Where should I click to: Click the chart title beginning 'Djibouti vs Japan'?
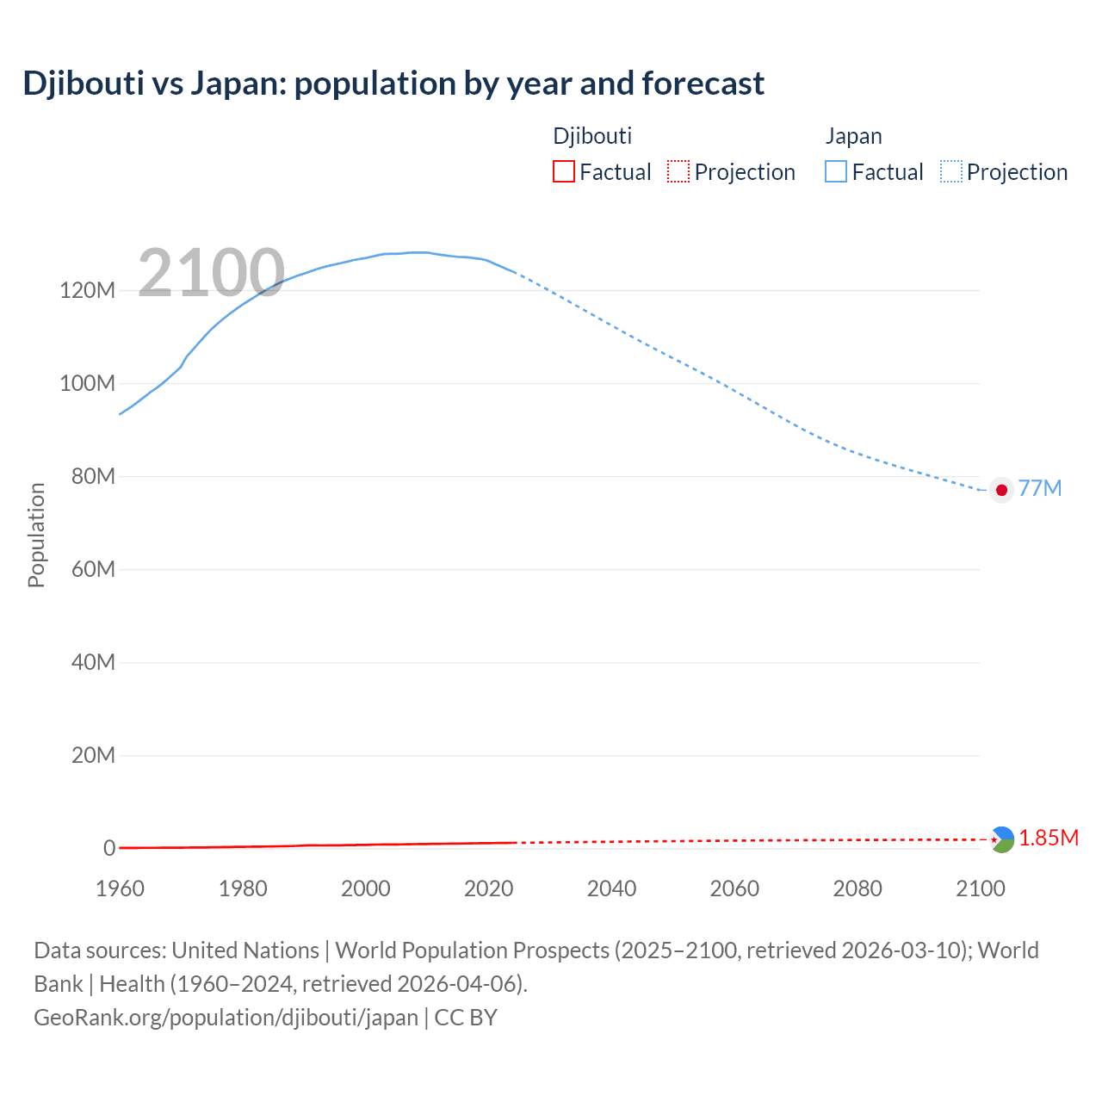coord(393,84)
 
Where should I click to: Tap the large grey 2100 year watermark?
coord(211,273)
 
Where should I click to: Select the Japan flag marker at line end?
coord(1000,490)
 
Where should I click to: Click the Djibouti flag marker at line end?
coord(1001,839)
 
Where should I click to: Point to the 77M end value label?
coord(1040,488)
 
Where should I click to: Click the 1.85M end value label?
coord(1049,838)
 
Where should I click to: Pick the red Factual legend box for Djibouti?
coord(563,172)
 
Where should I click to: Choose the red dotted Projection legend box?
coord(678,172)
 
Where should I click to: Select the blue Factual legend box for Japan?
coord(835,172)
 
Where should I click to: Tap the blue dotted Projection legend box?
coord(950,172)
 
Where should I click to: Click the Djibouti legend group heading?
coord(592,136)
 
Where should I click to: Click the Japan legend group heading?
coord(853,136)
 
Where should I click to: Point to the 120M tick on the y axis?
coord(87,290)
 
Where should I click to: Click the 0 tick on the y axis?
coord(109,848)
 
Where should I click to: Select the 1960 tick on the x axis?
coord(120,888)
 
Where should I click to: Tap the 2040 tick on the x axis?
coord(611,888)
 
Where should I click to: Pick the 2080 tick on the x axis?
coord(857,888)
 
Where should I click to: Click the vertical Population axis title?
coord(36,535)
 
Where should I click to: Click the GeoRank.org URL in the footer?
coord(226,1018)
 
